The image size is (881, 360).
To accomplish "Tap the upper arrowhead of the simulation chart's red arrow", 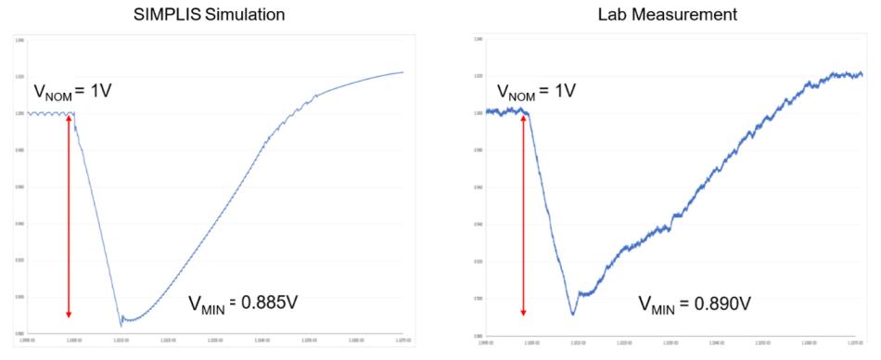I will pos(69,118).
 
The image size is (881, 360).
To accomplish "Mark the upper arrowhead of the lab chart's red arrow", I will pos(525,118).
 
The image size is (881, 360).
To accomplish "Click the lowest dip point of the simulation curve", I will pos(121,326).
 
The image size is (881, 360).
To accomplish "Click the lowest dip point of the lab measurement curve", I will pos(572,315).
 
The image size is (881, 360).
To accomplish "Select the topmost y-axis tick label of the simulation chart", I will pos(19,40).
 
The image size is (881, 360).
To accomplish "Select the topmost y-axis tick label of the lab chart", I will pos(479,40).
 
